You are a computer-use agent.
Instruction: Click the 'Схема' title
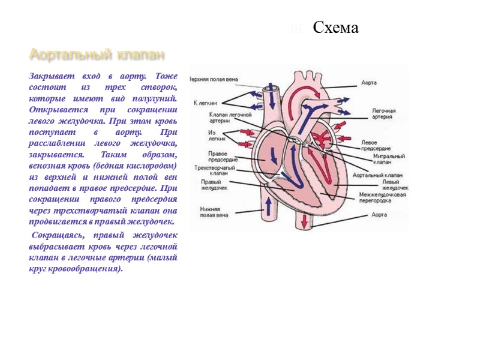pos(335,28)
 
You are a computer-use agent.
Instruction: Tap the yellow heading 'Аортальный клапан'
pos(97,55)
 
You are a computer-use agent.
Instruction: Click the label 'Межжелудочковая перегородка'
pos(383,197)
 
